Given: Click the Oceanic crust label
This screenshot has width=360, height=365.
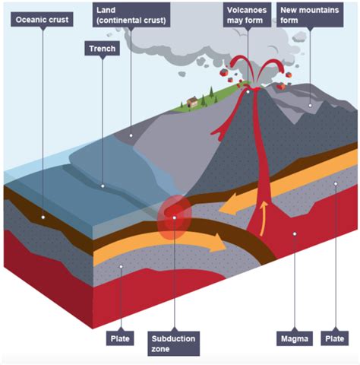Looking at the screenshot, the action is pyautogui.click(x=42, y=20).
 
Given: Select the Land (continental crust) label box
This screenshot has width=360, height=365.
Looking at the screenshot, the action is pyautogui.click(x=131, y=15).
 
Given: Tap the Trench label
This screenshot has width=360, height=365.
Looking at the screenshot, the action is pyautogui.click(x=103, y=49).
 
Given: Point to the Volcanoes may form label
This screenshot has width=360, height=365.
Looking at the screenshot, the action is pyautogui.click(x=247, y=15).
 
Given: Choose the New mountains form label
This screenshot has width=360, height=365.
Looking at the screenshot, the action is pyautogui.click(x=310, y=15).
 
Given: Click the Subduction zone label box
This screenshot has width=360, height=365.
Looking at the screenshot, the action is pyautogui.click(x=174, y=344).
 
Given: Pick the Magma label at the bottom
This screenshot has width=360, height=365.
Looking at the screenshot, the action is pyautogui.click(x=295, y=338).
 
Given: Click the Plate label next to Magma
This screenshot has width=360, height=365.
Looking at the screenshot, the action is pyautogui.click(x=335, y=338).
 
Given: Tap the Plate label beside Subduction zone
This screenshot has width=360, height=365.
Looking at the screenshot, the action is pyautogui.click(x=120, y=338).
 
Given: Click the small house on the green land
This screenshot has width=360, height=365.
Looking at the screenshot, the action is pyautogui.click(x=192, y=102).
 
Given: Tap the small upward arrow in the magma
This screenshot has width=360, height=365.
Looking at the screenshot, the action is pyautogui.click(x=264, y=218).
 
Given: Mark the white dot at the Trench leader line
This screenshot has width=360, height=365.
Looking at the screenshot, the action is pyautogui.click(x=103, y=186).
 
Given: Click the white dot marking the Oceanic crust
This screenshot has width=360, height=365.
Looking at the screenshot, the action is pyautogui.click(x=43, y=217).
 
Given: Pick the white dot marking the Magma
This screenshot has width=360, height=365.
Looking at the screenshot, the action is pyautogui.click(x=295, y=233).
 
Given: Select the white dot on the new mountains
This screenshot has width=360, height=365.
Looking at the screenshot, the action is pyautogui.click(x=310, y=106).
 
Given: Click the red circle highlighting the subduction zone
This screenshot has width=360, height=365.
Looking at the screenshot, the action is pyautogui.click(x=174, y=217).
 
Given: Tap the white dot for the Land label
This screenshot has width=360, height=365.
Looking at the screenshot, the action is pyautogui.click(x=131, y=135).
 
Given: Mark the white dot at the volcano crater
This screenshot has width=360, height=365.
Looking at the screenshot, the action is pyautogui.click(x=248, y=92).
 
